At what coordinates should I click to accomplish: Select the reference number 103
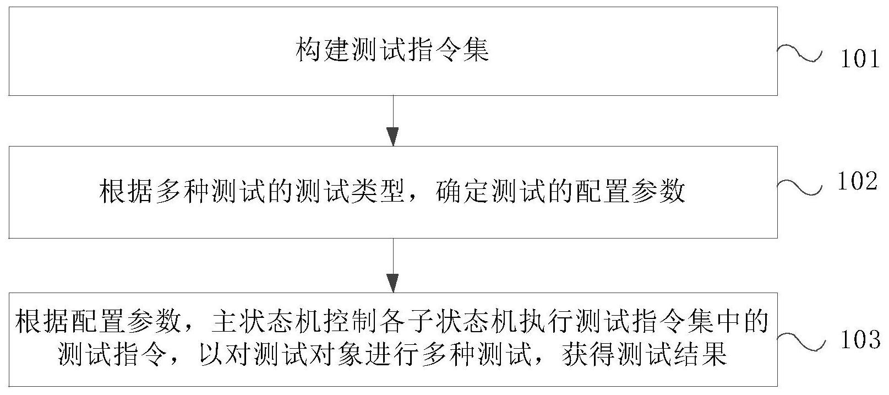pyautogui.click(x=860, y=340)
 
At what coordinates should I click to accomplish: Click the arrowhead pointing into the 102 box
pyautogui.click(x=392, y=136)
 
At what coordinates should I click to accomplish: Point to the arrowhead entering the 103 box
pyautogui.click(x=392, y=283)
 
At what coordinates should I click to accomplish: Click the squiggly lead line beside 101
pyautogui.click(x=799, y=54)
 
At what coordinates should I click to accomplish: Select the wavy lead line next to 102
pyautogui.click(x=799, y=188)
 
